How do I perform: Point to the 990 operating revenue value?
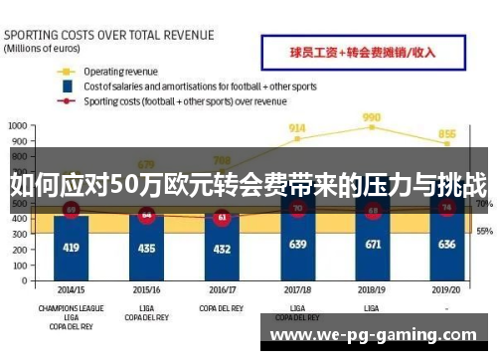pos(373,116)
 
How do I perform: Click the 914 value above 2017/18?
pos(297,127)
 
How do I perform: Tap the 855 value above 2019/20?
pos(448,133)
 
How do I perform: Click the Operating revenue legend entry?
pos(119,72)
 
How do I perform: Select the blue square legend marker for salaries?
pos(67,87)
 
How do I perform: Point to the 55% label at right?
pos(484,231)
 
